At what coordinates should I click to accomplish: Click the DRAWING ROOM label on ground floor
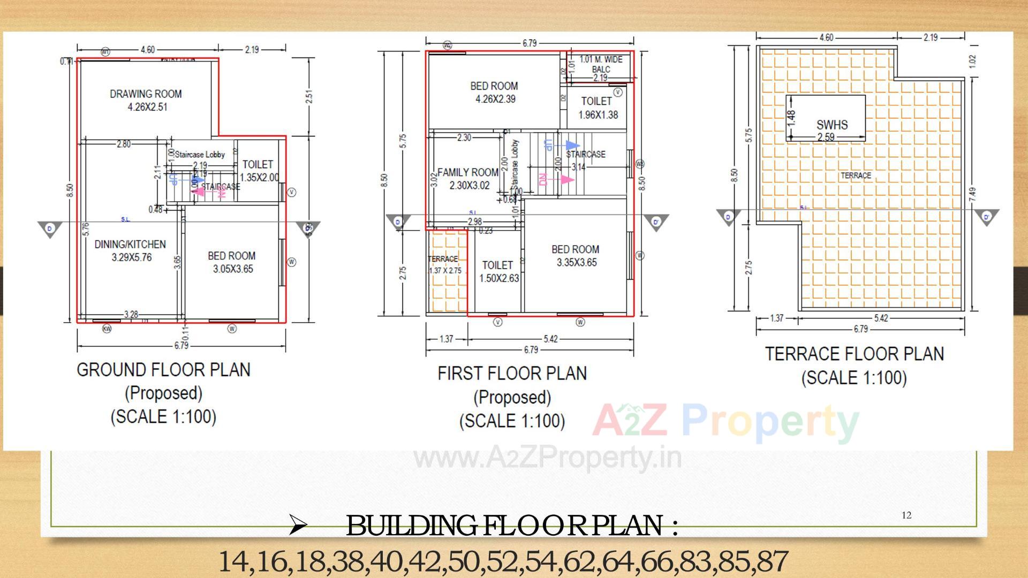coord(146,100)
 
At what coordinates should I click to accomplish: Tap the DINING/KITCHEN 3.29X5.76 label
coord(131,250)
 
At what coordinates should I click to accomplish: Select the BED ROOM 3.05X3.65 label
coord(232,262)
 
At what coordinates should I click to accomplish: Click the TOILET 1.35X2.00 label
coord(259,171)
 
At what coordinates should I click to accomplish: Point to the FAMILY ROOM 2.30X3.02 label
coord(468,179)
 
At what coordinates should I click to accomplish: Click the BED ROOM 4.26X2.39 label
coord(494,92)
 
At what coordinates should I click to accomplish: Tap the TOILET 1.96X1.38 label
coord(597,108)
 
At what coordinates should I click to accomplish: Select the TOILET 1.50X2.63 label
coord(498,271)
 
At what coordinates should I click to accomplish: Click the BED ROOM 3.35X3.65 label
coord(576,256)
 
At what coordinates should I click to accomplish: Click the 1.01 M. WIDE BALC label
coord(601,64)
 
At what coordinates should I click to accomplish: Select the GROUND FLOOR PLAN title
coord(164,370)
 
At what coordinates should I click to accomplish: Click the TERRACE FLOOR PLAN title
coord(854,354)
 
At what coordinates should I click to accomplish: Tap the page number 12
coord(906,515)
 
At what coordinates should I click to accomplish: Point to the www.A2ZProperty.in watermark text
coord(547,458)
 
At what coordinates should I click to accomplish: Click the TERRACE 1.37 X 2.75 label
coord(444,264)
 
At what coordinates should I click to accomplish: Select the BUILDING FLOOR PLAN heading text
coord(511,526)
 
